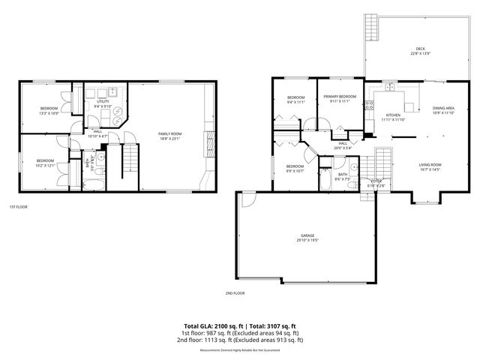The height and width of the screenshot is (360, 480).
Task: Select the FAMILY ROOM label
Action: (x=169, y=133)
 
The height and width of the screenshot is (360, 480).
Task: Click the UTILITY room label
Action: (x=102, y=101)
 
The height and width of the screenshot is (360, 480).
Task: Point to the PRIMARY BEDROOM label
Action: (x=339, y=97)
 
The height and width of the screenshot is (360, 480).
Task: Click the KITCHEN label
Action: (x=392, y=115)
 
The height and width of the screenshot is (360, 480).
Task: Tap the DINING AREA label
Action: (x=442, y=109)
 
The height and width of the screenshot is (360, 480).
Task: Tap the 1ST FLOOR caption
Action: (x=19, y=206)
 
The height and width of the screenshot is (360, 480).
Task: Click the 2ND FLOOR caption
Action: (x=235, y=293)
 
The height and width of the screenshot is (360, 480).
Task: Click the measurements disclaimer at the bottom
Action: (x=240, y=350)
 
